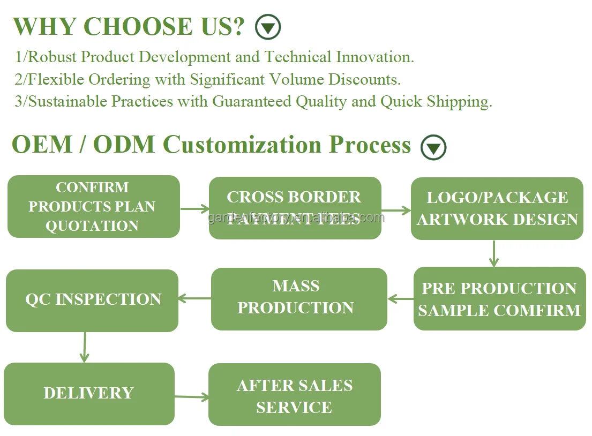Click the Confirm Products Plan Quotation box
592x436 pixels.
pos(94,206)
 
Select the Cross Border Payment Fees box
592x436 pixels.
pos(295,208)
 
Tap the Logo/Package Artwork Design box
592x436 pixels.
pos(497,208)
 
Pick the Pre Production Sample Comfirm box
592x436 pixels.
pos(499,298)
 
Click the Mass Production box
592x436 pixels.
pos(298,298)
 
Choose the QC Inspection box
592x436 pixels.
pos(92,300)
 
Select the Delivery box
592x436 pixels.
pos(89,393)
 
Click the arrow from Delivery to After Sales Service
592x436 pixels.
pos(191,397)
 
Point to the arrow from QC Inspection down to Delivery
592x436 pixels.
pos(84,347)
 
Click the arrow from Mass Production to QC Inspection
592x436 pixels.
pos(194,298)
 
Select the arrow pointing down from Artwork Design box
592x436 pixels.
pos(493,253)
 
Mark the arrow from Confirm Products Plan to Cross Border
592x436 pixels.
pos(194,208)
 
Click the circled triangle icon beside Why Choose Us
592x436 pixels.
pos(268,27)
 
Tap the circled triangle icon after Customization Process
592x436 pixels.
pos(433,147)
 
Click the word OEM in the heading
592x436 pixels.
pos(42,145)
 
